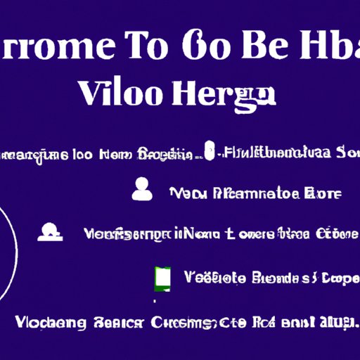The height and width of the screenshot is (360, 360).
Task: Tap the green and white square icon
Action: pyautogui.click(x=162, y=278)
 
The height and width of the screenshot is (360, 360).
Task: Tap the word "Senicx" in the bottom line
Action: pyautogui.click(x=117, y=323)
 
